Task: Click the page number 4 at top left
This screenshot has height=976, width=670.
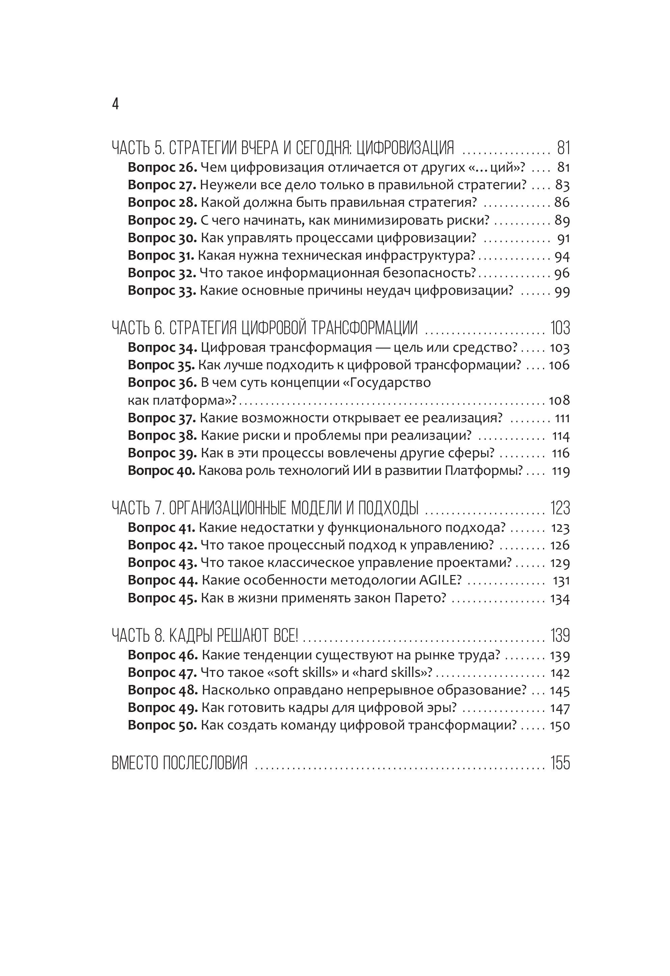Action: tap(115, 103)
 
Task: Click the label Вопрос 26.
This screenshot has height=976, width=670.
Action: tap(162, 167)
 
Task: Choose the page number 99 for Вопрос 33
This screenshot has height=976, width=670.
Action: tap(562, 291)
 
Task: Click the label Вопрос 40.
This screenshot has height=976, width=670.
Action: tap(161, 470)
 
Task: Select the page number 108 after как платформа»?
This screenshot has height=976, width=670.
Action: tap(559, 400)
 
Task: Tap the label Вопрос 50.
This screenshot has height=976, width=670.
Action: tap(162, 725)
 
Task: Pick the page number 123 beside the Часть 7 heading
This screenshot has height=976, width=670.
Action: tap(560, 508)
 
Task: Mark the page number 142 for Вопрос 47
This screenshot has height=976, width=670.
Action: tap(560, 673)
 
